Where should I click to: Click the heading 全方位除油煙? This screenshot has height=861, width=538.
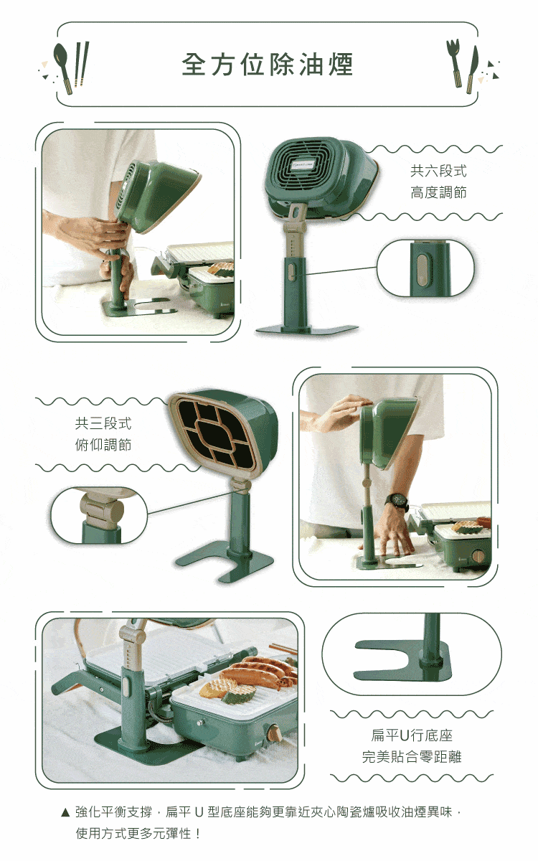click(268, 64)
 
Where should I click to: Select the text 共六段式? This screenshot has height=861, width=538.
click(438, 171)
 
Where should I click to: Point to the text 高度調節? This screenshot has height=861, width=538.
click(438, 192)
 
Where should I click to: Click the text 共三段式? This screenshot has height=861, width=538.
click(103, 423)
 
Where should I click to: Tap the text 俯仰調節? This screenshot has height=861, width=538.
click(103, 445)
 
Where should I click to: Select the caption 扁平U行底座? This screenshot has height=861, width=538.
click(412, 735)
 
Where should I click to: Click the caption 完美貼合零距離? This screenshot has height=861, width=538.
click(412, 757)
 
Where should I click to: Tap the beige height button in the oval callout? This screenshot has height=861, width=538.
click(423, 270)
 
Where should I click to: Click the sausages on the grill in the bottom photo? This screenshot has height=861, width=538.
click(261, 671)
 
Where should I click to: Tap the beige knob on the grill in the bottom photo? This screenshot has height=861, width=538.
click(273, 732)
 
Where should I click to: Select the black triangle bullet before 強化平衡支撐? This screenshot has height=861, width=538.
click(65, 812)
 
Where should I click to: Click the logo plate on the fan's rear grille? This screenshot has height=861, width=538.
click(303, 164)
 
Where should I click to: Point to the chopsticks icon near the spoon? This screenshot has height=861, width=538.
click(81, 64)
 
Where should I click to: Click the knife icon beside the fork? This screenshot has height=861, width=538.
click(472, 69)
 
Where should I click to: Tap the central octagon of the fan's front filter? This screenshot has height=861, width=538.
click(216, 433)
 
